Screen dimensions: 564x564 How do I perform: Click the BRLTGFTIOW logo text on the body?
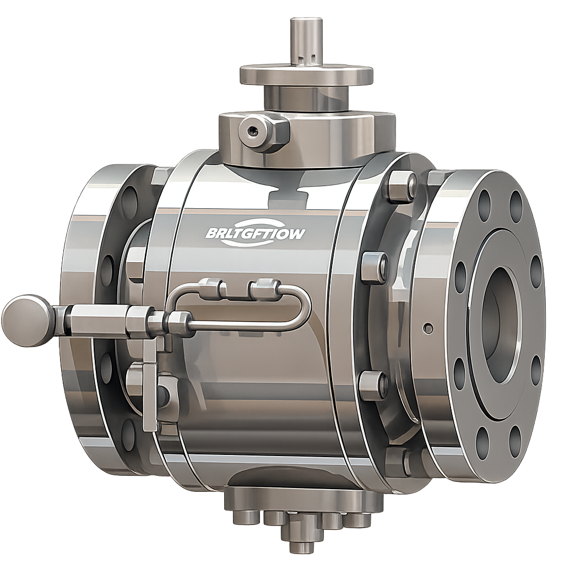click(255, 234)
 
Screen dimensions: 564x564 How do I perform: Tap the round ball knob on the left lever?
click(28, 321)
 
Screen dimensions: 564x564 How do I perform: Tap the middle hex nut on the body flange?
click(375, 267)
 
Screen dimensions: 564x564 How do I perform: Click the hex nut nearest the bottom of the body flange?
click(374, 385)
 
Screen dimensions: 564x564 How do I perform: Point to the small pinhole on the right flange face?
click(428, 329)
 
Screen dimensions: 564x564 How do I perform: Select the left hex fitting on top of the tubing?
click(212, 289)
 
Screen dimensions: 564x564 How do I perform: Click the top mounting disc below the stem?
click(306, 75)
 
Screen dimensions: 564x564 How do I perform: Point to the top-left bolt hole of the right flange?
click(484, 205)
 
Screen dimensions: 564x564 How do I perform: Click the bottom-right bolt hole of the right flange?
click(514, 441)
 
